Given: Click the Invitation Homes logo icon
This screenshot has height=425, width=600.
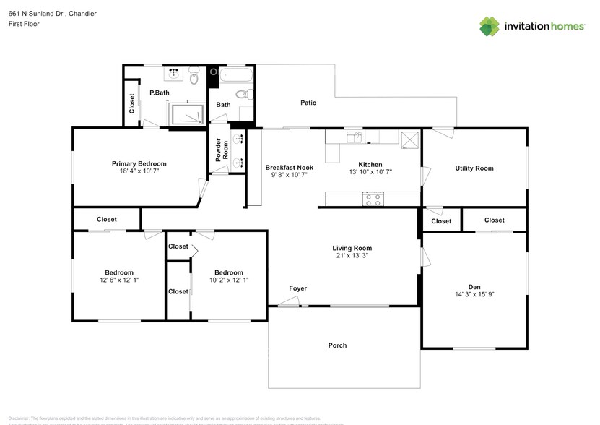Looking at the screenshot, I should [x=490, y=26].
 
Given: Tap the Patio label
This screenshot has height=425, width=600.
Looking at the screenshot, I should [x=308, y=103].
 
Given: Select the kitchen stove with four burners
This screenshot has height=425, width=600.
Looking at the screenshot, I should [x=373, y=199].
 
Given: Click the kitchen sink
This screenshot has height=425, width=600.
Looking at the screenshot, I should [x=354, y=135].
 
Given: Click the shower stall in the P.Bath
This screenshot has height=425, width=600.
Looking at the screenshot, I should [x=186, y=114].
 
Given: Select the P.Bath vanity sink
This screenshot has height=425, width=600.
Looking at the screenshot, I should [x=174, y=73].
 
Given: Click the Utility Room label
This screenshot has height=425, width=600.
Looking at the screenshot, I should [x=474, y=168].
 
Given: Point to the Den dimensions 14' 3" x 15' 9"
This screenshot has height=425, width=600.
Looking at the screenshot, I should [x=474, y=295].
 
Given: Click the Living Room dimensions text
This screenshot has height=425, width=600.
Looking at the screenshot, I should [x=353, y=256].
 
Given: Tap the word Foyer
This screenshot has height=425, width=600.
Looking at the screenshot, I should [x=298, y=288].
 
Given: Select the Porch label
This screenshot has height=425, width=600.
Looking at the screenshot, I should [x=337, y=345].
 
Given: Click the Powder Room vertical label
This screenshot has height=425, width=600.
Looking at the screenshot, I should [x=222, y=148].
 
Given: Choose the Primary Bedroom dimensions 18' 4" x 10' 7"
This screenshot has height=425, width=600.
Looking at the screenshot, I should [x=139, y=171].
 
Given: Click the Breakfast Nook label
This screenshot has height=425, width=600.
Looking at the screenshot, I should [x=289, y=167].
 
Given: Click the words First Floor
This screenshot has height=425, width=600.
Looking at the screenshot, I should [x=24, y=24].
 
